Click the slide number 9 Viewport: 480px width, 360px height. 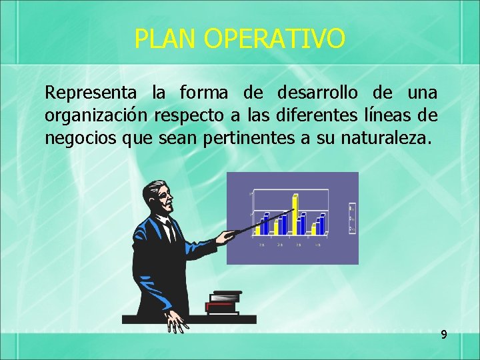443,334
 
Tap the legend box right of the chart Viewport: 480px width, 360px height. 352,219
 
